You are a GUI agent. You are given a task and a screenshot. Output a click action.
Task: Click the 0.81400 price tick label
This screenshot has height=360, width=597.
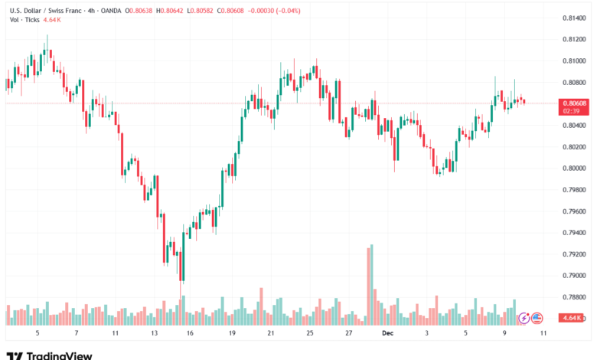click(x=574, y=18)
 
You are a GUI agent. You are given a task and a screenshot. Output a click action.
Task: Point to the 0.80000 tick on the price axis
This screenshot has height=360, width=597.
click(x=574, y=168)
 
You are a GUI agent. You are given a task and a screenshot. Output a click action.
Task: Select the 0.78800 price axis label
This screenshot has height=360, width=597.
click(x=574, y=296)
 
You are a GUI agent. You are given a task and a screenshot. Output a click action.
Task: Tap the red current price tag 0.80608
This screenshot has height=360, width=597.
click(x=574, y=103)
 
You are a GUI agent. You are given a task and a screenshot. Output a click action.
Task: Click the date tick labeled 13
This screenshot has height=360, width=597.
click(x=155, y=334)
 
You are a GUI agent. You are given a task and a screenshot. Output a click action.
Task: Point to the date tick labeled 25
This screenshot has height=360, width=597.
click(x=310, y=334)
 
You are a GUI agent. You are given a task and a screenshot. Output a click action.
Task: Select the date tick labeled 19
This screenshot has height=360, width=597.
click(x=232, y=334)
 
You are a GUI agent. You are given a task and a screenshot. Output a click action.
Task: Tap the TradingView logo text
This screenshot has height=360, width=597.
click(x=60, y=355)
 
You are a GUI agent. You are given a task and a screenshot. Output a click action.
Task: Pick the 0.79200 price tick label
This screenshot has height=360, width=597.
click(x=574, y=254)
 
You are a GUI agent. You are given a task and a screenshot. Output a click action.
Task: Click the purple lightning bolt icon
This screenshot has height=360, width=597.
click(x=524, y=317)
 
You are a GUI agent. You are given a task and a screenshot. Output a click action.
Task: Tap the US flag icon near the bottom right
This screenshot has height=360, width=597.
click(x=537, y=317)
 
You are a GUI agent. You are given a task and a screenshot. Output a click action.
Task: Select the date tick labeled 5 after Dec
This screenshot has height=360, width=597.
click(x=465, y=334)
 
